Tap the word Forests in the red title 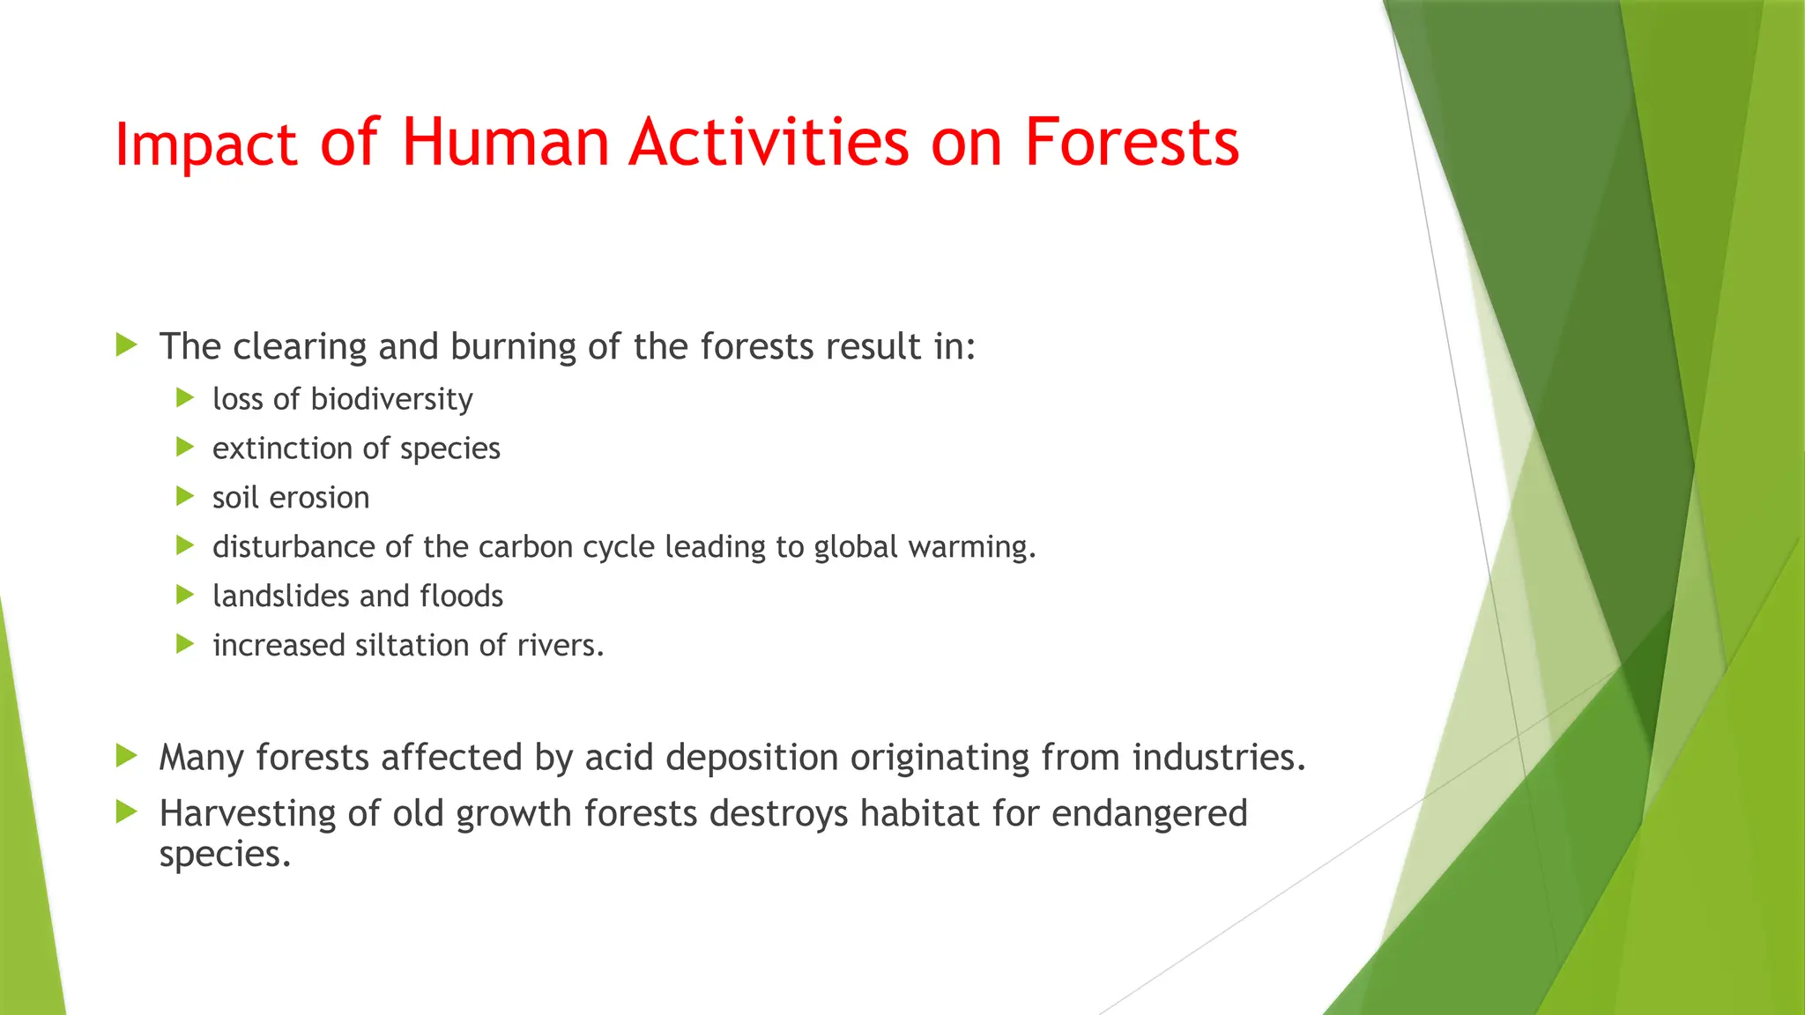tap(1132, 143)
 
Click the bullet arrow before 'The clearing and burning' tap(127, 345)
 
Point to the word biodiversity tap(391, 400)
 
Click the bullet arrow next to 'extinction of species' tap(185, 448)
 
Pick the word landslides tap(281, 596)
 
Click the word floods tap(461, 596)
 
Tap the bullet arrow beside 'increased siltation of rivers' tap(185, 645)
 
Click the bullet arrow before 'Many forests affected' tap(127, 756)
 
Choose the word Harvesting tap(247, 814)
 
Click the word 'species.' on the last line tap(225, 855)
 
